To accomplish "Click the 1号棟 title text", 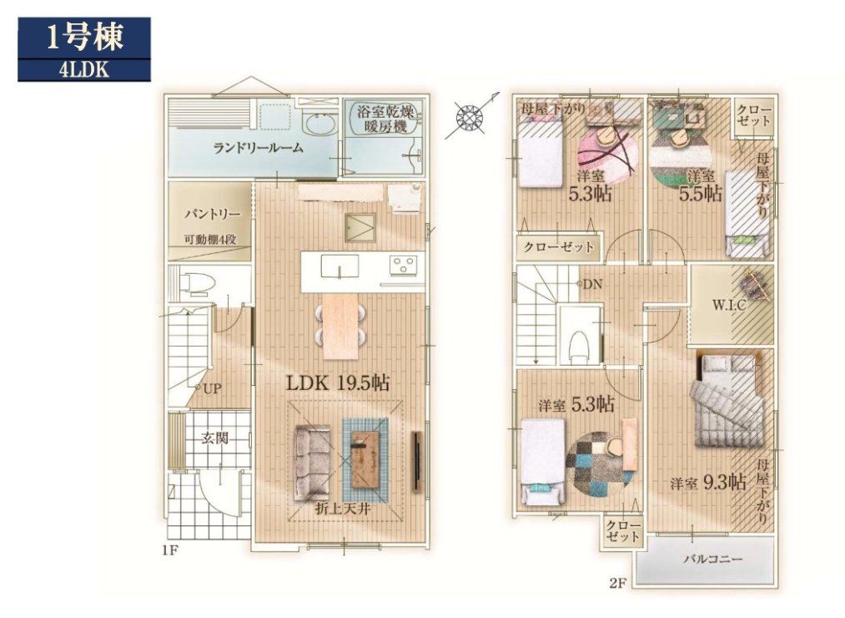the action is pos(84,38).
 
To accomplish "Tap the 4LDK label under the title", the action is pos(84,71).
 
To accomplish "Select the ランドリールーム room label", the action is pos(258,147).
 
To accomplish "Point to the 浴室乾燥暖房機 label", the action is pos(385,119).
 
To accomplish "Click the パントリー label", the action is pos(213,215).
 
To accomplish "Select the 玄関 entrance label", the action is pos(214,438).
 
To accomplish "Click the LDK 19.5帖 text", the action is pos(337,382).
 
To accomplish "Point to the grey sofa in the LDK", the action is pos(313,462).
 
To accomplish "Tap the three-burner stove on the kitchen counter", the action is pos(403,265).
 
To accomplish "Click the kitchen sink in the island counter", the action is pos(340,266).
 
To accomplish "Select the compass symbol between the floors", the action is pos(468,117).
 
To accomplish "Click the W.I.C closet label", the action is pos(728,305).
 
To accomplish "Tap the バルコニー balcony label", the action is pos(713,560).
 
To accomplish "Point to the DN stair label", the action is pos(592,284).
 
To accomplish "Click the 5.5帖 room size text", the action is pos(701,193).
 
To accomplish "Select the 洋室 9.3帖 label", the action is pos(708,482).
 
